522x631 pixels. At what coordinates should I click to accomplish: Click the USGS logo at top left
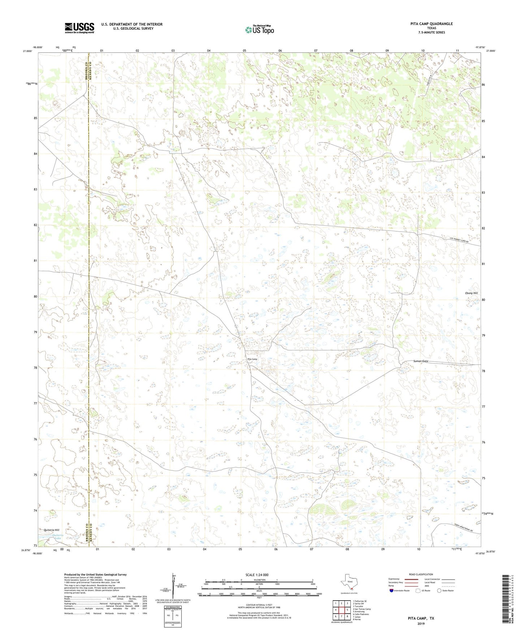(79, 27)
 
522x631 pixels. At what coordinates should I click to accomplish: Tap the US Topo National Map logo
(259, 30)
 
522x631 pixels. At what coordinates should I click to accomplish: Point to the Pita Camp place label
(252, 359)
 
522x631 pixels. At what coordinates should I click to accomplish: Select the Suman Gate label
(420, 361)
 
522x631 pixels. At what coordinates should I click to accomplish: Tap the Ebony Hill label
(471, 293)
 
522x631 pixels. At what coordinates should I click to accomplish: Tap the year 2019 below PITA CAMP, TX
(421, 624)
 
